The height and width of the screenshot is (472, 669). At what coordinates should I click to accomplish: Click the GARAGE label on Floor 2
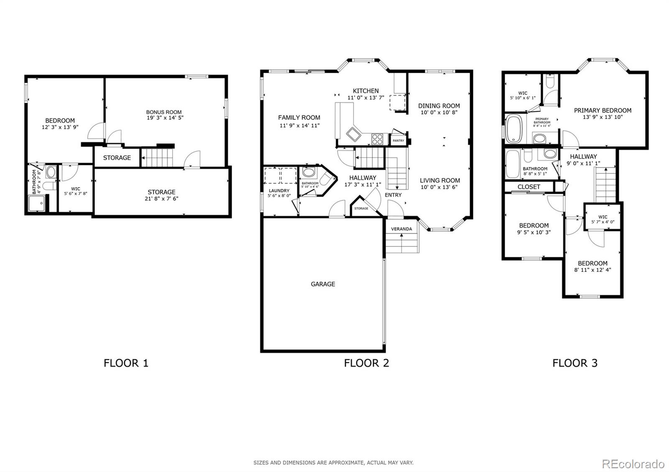coord(323,284)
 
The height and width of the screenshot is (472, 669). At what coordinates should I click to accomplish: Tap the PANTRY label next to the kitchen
coord(398,141)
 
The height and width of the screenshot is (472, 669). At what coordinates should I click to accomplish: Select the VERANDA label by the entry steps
coord(401,229)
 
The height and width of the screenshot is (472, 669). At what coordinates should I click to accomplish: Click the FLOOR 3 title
coord(575,363)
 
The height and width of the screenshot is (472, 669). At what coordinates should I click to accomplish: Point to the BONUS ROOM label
coord(164,112)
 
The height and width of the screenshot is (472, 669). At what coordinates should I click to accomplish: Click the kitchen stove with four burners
coord(377,139)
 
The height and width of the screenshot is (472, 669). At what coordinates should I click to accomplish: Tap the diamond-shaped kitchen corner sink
coord(354,134)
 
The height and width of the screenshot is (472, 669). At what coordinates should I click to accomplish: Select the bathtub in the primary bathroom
coord(512,129)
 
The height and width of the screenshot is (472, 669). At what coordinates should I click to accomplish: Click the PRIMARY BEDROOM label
coord(603,110)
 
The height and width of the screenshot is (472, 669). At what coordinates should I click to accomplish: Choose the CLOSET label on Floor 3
coord(529,187)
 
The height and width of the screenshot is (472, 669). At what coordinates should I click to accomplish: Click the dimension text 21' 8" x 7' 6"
coord(161,199)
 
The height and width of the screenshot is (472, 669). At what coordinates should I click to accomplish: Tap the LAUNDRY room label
coord(279,190)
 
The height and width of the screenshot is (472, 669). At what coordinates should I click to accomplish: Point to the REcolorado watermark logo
coord(633,464)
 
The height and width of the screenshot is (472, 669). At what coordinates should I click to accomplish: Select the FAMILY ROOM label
coord(299,118)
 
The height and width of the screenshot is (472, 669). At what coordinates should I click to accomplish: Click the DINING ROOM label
coord(439,106)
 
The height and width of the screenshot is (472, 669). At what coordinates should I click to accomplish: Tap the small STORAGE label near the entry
coord(361,208)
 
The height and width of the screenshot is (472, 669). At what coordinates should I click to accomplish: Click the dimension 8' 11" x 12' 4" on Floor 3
coord(592,270)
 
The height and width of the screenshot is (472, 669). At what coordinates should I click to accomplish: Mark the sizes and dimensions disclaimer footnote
coord(333,462)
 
